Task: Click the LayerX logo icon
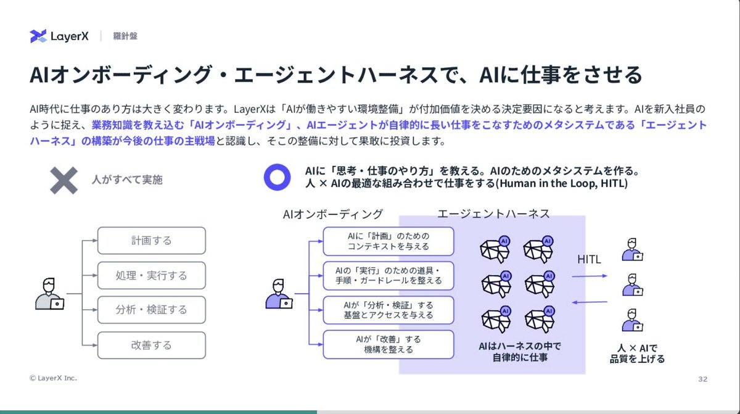coord(38,36)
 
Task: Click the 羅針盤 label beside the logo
coord(125,36)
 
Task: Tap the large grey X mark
coord(64,180)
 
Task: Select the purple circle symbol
coord(277,177)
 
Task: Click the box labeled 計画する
coord(152,241)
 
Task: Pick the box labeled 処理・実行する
coord(152,275)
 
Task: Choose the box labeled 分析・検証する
coord(152,310)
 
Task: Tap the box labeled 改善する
coord(152,345)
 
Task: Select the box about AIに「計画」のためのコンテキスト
coord(388,241)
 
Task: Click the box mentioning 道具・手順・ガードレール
coord(388,275)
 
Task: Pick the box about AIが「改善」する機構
coord(388,344)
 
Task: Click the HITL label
coord(589,260)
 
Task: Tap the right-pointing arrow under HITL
coord(588,277)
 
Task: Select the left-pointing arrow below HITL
coord(588,302)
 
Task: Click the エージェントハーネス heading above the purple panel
coord(493,213)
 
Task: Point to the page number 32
coord(702,378)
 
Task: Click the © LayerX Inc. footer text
coord(53,378)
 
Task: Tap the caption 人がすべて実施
coord(127,180)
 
